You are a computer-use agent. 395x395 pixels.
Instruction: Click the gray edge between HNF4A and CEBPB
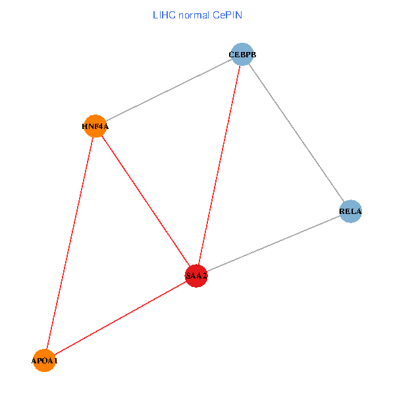169,90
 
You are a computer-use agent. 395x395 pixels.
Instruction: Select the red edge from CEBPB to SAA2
219,165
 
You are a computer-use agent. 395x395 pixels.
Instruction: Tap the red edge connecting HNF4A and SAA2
146,201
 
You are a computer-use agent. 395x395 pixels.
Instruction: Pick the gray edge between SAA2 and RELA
273,244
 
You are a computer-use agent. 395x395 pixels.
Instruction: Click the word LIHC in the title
164,14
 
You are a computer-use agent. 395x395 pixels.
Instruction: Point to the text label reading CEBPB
242,54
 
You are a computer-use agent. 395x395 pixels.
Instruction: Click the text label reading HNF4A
95,126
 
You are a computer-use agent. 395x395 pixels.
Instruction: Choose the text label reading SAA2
196,276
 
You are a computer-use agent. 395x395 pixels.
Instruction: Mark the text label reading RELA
351,211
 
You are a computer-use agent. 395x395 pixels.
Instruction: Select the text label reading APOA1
45,361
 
